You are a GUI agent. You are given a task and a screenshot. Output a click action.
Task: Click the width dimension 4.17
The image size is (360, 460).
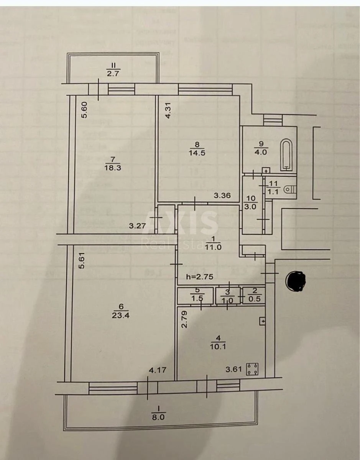coord(157,370)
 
